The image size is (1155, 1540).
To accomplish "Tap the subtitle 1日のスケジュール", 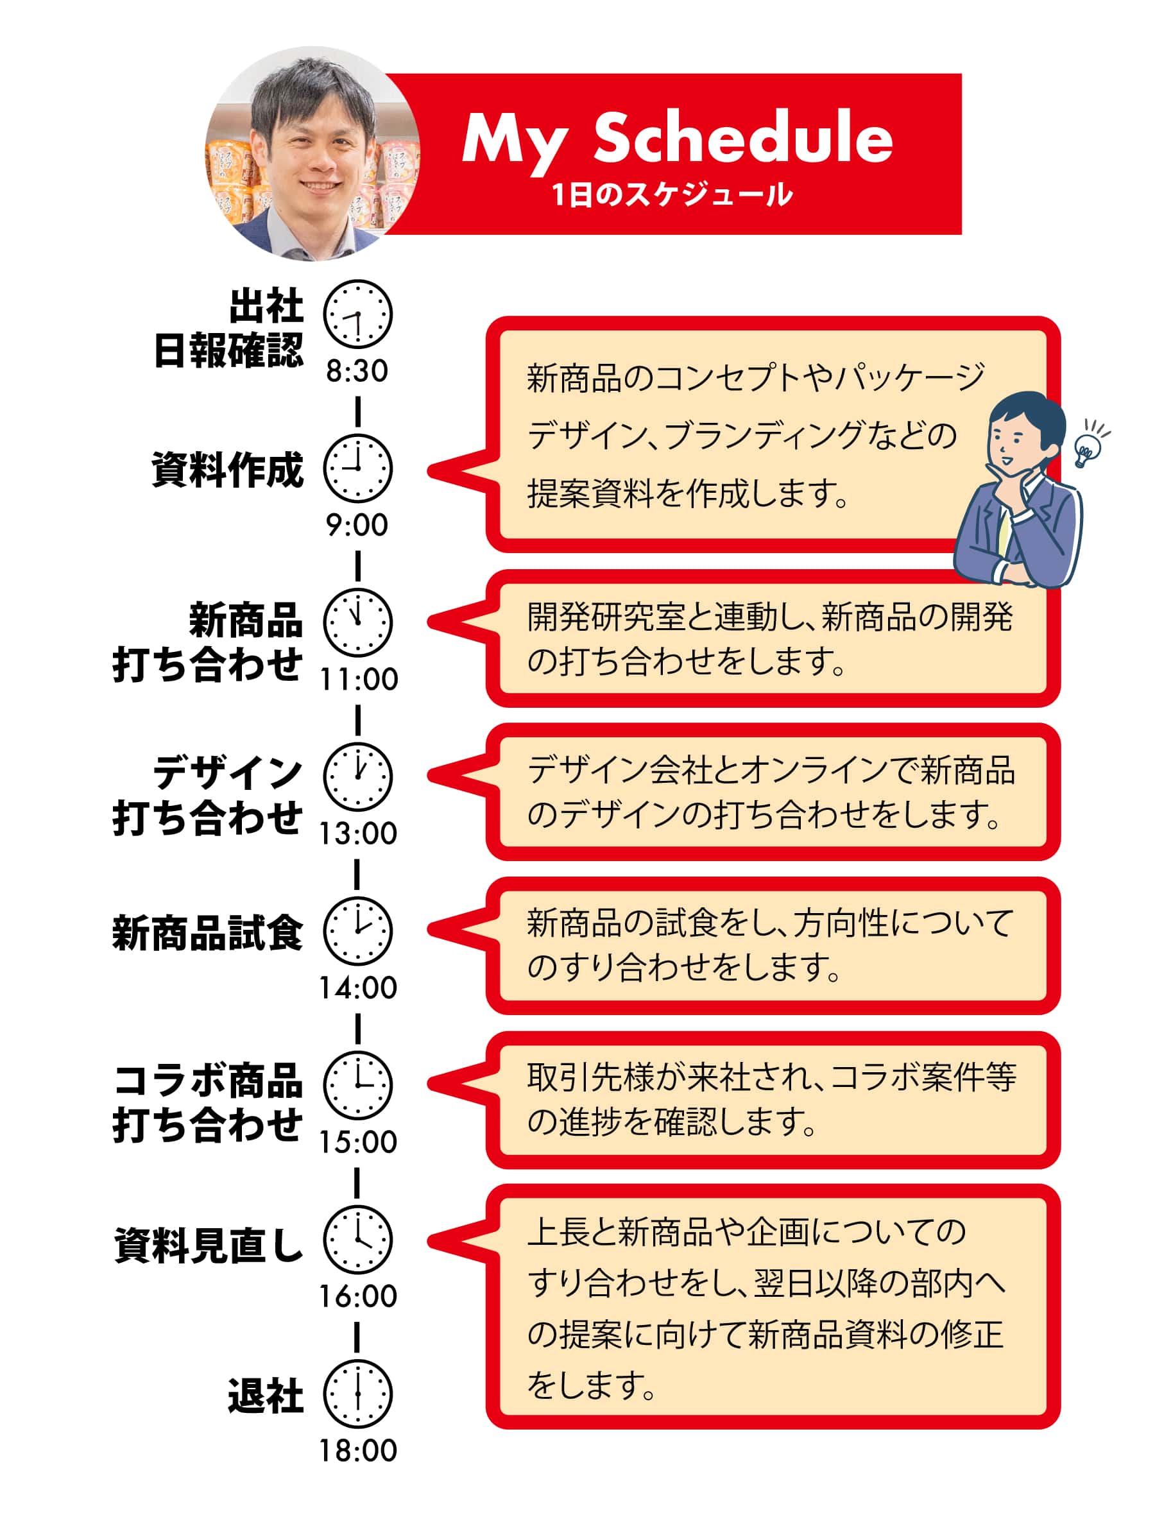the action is pos(672,194).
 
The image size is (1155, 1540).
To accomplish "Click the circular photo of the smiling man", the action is pos(312,154).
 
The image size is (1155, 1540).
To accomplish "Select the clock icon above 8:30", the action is pos(358,314).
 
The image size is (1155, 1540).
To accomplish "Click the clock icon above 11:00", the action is pos(358,623).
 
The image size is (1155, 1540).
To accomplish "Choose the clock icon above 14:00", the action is pos(358,932).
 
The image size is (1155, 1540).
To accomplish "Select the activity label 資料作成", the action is pos(228,469).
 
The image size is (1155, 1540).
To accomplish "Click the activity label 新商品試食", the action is pos(208,933).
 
